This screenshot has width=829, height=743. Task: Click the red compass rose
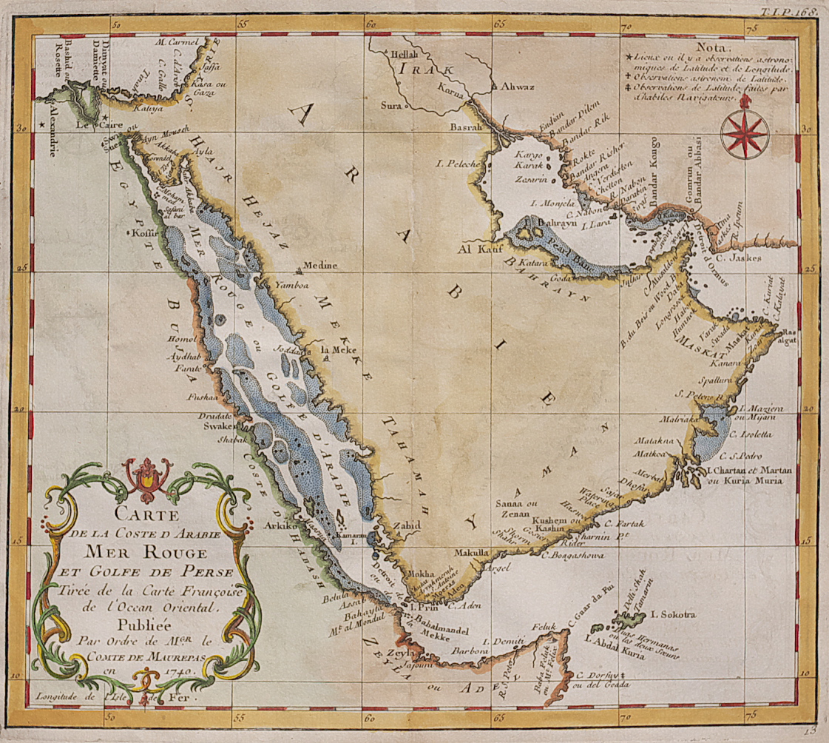pos(744,134)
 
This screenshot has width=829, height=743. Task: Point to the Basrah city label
pos(466,127)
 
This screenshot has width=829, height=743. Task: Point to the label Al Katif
pos(477,249)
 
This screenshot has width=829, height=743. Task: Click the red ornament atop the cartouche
pos(147,478)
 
